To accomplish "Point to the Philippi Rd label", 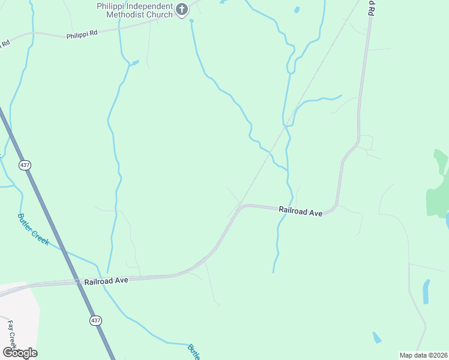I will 82,35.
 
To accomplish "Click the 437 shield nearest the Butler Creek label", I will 25,165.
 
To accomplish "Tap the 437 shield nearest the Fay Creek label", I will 95,320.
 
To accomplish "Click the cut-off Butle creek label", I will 193,352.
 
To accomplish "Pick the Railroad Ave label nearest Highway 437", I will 106,280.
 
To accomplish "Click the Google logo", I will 20,352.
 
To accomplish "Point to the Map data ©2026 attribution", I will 423,355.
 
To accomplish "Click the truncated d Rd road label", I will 372,8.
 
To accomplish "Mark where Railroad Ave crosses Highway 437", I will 77,280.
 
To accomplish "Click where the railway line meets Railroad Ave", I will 241,205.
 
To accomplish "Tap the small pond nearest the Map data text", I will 376,338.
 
